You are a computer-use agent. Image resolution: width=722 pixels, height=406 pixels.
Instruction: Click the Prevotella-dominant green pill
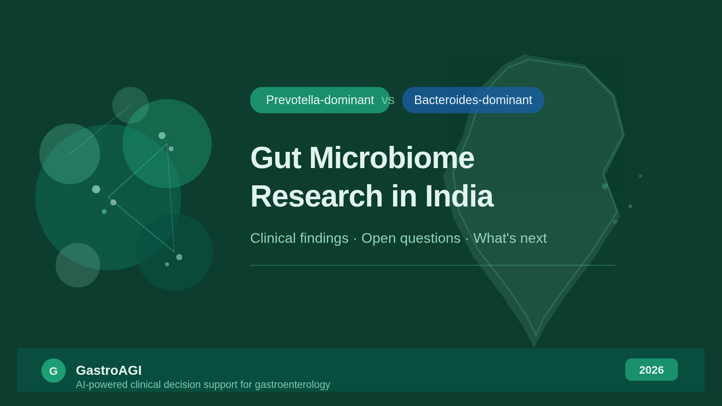320,100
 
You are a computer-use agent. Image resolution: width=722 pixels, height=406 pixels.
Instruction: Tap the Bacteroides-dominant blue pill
473,100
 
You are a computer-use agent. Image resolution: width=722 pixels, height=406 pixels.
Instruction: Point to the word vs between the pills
388,100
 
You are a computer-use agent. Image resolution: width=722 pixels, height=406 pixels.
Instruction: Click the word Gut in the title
276,158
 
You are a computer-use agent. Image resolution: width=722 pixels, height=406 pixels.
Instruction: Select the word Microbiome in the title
392,158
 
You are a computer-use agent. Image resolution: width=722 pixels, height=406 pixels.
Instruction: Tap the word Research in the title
317,196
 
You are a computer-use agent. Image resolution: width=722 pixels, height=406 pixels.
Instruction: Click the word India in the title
459,196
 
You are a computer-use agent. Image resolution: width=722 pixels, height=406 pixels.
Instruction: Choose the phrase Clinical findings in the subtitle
299,238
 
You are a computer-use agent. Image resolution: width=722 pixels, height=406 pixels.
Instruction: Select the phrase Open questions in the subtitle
411,238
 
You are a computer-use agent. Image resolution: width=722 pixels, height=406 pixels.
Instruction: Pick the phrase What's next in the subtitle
510,238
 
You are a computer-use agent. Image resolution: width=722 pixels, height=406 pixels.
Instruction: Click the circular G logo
53,371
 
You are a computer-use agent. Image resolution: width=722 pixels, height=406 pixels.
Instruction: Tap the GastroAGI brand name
109,370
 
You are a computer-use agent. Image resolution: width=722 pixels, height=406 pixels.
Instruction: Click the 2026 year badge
652,370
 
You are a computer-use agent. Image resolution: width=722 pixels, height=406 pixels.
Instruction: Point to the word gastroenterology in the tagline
293,385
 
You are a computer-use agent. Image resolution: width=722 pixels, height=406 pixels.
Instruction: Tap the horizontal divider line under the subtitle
432,265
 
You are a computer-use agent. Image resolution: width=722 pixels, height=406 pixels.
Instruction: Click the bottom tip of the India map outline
534,348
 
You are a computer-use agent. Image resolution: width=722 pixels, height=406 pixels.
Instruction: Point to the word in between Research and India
404,196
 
